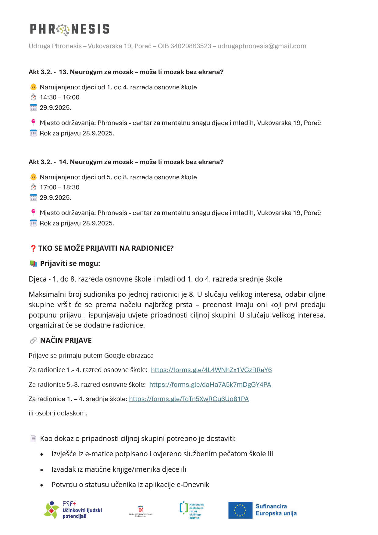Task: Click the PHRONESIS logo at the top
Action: (70, 29)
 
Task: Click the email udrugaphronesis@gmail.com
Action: (262, 46)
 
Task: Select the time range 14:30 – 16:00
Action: (59, 97)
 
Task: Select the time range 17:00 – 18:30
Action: (59, 187)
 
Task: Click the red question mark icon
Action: (33, 248)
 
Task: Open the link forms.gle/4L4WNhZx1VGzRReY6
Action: (211, 370)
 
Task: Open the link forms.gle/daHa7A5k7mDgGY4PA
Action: (210, 385)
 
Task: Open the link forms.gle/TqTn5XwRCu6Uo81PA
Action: (189, 399)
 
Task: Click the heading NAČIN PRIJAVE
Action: (66, 340)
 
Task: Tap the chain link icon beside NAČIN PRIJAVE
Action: (33, 340)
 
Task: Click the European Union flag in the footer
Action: (240, 510)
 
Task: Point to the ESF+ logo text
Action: (69, 504)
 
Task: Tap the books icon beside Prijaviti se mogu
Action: (33, 264)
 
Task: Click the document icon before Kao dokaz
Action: (33, 439)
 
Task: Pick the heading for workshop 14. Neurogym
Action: (126, 162)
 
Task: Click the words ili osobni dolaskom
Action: (58, 413)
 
